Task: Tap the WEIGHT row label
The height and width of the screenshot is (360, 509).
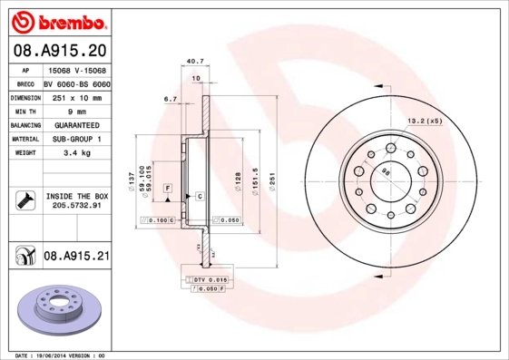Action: click(x=25, y=153)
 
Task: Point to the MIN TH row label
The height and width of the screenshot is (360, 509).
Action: click(x=25, y=111)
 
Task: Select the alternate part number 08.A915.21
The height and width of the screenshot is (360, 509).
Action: click(x=76, y=258)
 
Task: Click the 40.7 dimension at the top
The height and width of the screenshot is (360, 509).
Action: click(x=192, y=62)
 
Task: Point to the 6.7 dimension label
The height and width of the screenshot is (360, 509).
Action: click(x=170, y=99)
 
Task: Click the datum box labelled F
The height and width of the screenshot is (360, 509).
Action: click(x=168, y=188)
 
